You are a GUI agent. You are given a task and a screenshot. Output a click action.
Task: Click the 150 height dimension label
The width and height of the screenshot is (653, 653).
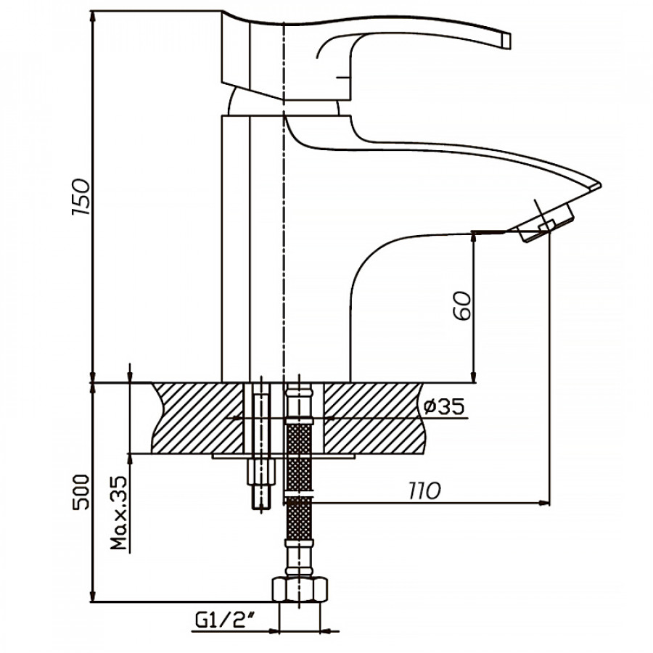83,196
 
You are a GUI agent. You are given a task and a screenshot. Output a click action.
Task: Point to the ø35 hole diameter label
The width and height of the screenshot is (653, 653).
443,408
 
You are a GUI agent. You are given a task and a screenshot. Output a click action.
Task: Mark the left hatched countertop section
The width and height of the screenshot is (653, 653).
196,419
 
